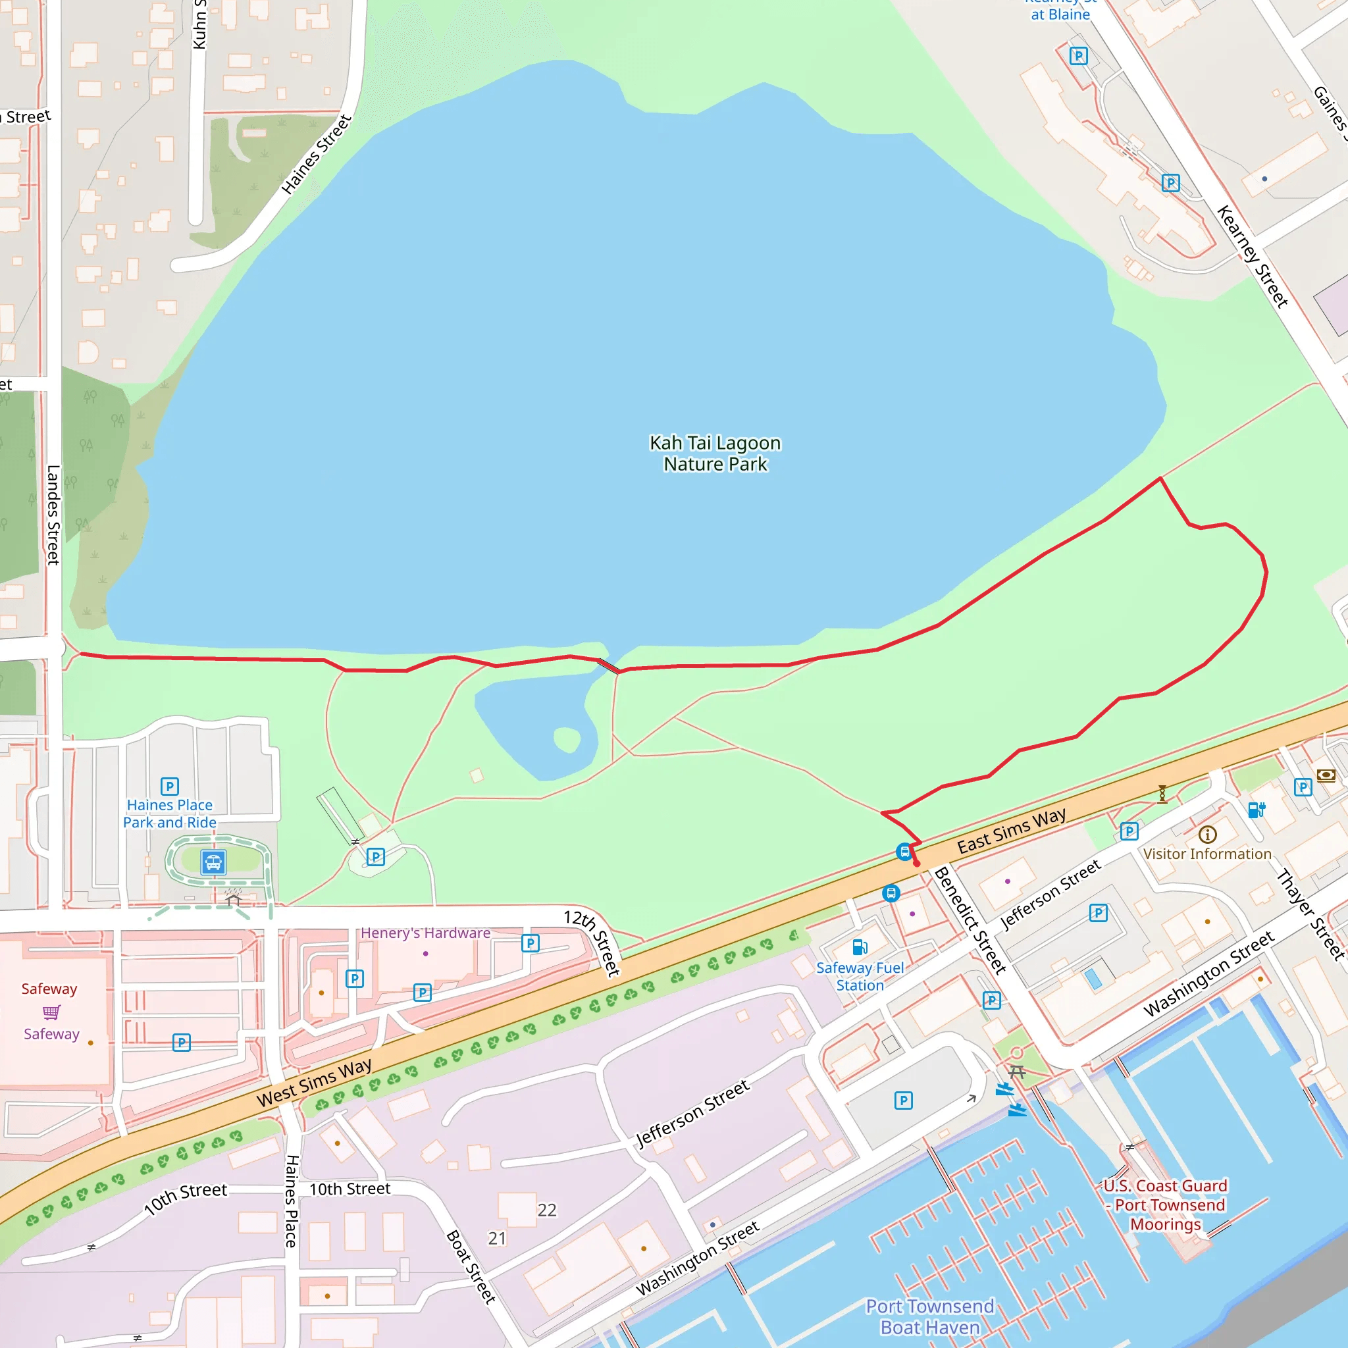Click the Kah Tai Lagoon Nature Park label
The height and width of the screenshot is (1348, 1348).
pos(715,454)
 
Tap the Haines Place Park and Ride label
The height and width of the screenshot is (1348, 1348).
pos(170,814)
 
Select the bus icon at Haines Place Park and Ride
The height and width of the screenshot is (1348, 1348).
pos(213,862)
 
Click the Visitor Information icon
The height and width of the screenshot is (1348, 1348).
pos(1208,835)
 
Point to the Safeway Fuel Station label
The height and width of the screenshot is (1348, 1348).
pos(860,977)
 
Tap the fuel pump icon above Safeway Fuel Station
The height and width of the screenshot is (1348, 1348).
pos(860,946)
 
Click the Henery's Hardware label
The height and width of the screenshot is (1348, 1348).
pos(425,933)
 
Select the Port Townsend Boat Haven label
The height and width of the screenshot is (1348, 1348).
pos(929,1316)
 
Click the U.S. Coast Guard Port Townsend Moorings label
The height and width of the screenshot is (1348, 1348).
pos(1165,1205)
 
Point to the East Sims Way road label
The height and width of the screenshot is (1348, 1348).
pos(1011,831)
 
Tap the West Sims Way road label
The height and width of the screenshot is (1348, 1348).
pos(314,1082)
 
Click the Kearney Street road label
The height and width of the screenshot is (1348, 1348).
pos(1252,256)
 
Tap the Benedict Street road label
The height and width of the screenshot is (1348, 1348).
pos(970,920)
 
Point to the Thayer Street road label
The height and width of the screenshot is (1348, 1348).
pos(1310,914)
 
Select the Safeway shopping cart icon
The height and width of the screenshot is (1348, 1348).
pos(51,1012)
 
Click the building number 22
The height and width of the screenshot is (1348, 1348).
pos(547,1210)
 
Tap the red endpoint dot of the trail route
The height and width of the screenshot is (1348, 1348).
pos(917,864)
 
